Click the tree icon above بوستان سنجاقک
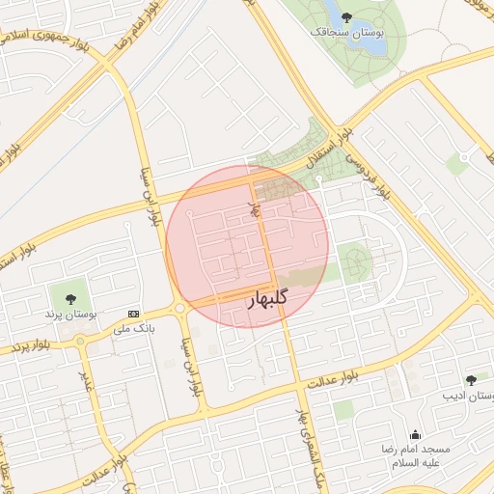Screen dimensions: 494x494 347,15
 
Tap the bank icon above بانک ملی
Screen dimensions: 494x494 133,315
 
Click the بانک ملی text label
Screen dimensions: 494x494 134,329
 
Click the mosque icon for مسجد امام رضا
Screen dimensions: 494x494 416,434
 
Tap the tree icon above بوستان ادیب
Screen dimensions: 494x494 470,380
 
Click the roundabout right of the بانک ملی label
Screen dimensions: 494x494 179,309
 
